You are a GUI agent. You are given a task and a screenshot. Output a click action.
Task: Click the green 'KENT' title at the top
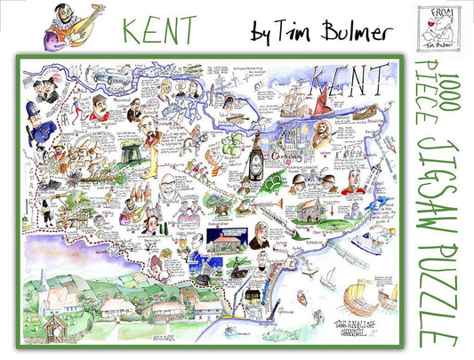click(159, 30)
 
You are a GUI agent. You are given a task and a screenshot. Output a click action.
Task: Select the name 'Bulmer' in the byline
click(343, 32)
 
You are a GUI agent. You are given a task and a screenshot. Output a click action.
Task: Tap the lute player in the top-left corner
click(67, 26)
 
